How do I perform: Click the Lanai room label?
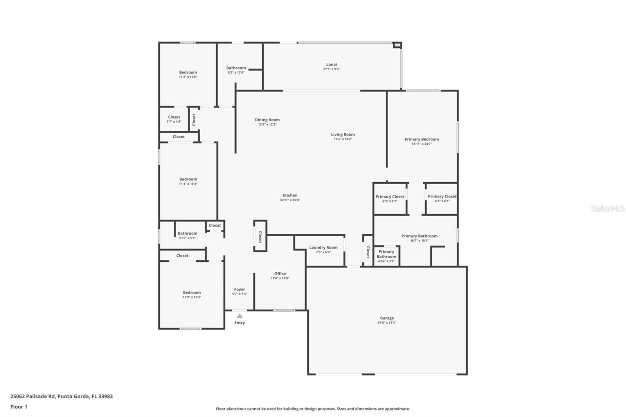(331, 65)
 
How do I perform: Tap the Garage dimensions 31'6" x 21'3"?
(387, 323)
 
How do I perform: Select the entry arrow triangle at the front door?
(239, 316)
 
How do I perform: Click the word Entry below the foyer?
(239, 323)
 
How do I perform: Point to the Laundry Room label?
(323, 248)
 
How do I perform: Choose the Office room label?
(280, 274)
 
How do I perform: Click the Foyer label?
(239, 289)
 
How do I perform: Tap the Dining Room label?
(267, 120)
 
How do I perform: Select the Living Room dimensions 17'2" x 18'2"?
(343, 139)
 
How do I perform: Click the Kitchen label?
(290, 196)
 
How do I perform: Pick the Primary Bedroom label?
(421, 139)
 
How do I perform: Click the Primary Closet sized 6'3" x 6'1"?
(390, 199)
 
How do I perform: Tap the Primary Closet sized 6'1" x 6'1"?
(442, 199)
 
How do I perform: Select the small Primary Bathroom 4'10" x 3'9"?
(386, 256)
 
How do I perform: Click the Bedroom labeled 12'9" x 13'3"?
(192, 295)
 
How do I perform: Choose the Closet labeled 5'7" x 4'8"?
(174, 119)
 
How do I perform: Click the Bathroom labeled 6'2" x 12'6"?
(236, 70)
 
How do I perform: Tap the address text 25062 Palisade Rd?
(33, 396)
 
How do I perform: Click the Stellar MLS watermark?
(607, 208)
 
